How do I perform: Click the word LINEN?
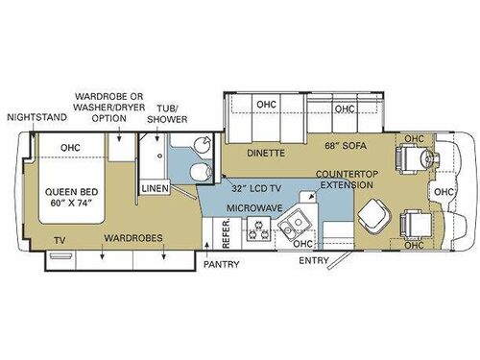coord(156,189)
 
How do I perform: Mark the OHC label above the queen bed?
coord(69,148)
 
